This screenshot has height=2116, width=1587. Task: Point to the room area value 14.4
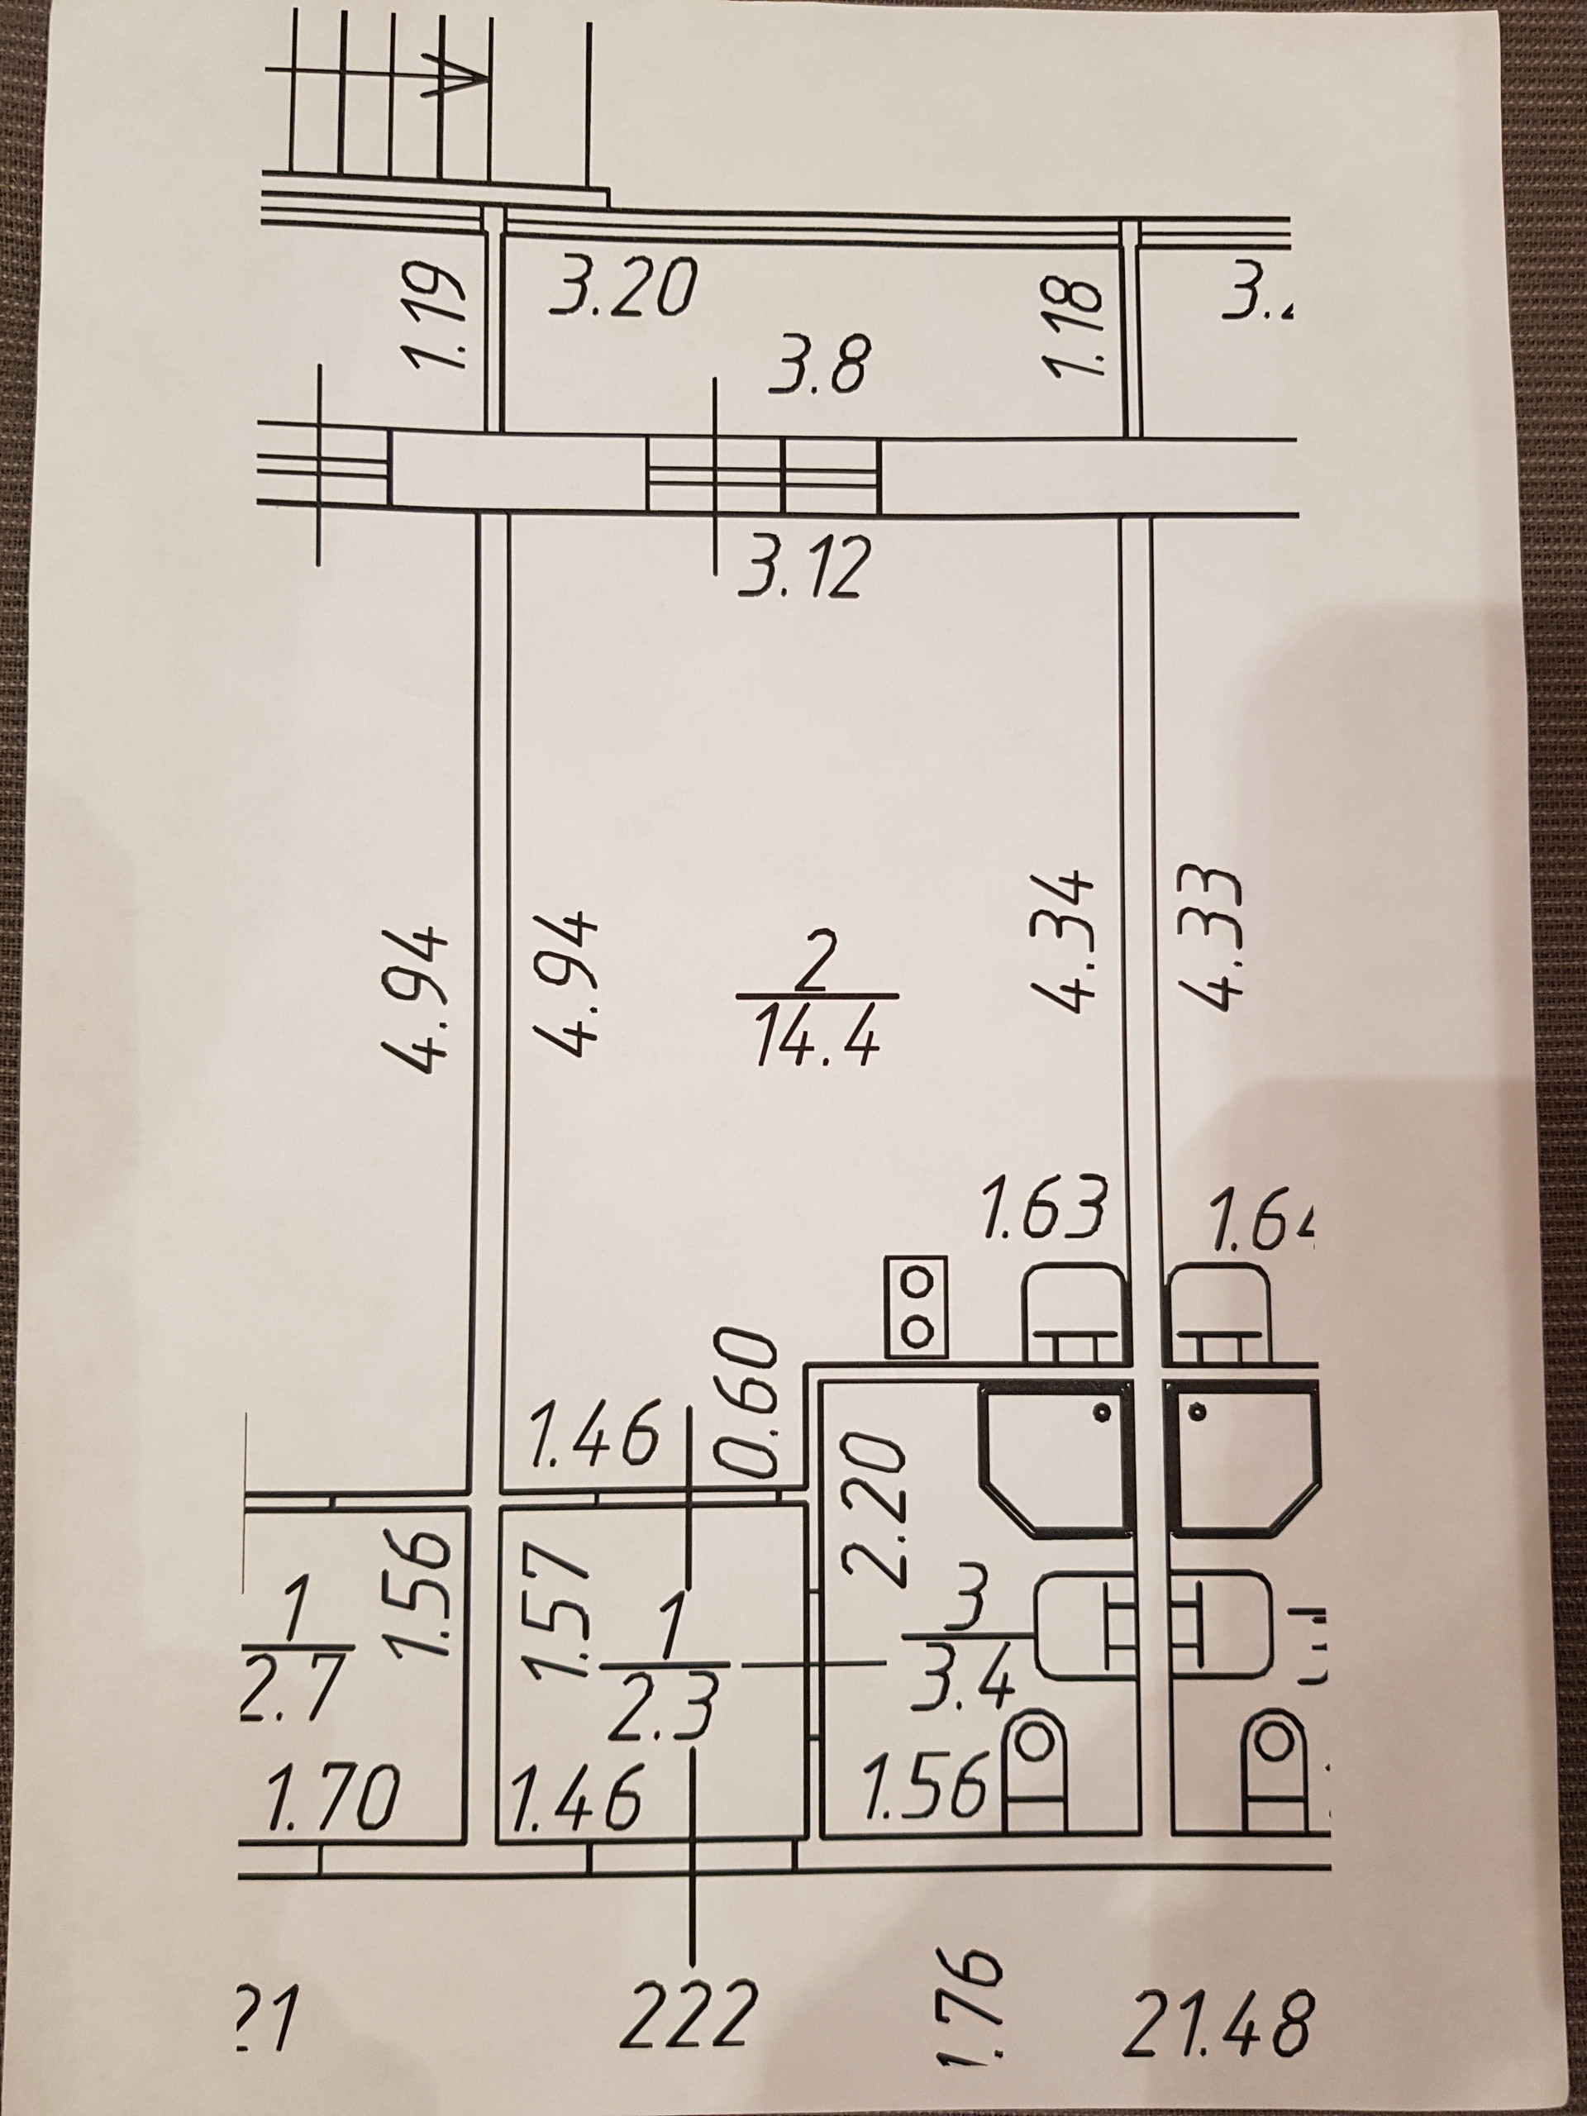point(816,1042)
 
